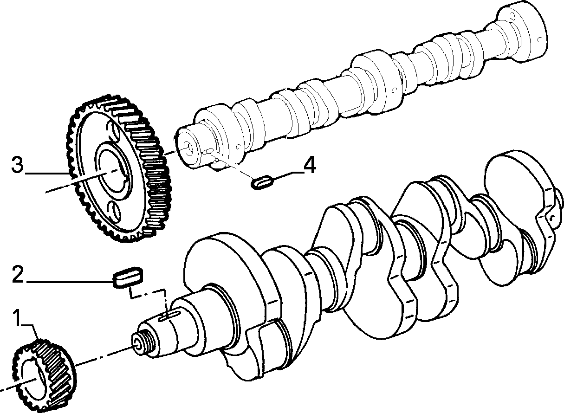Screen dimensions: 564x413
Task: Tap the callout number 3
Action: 17,165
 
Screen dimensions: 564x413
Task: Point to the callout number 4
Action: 309,166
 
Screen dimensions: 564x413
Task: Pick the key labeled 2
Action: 128,277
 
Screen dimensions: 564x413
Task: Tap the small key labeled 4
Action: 262,182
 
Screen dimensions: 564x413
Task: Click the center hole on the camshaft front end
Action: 188,148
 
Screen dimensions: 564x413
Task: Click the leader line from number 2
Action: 70,282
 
